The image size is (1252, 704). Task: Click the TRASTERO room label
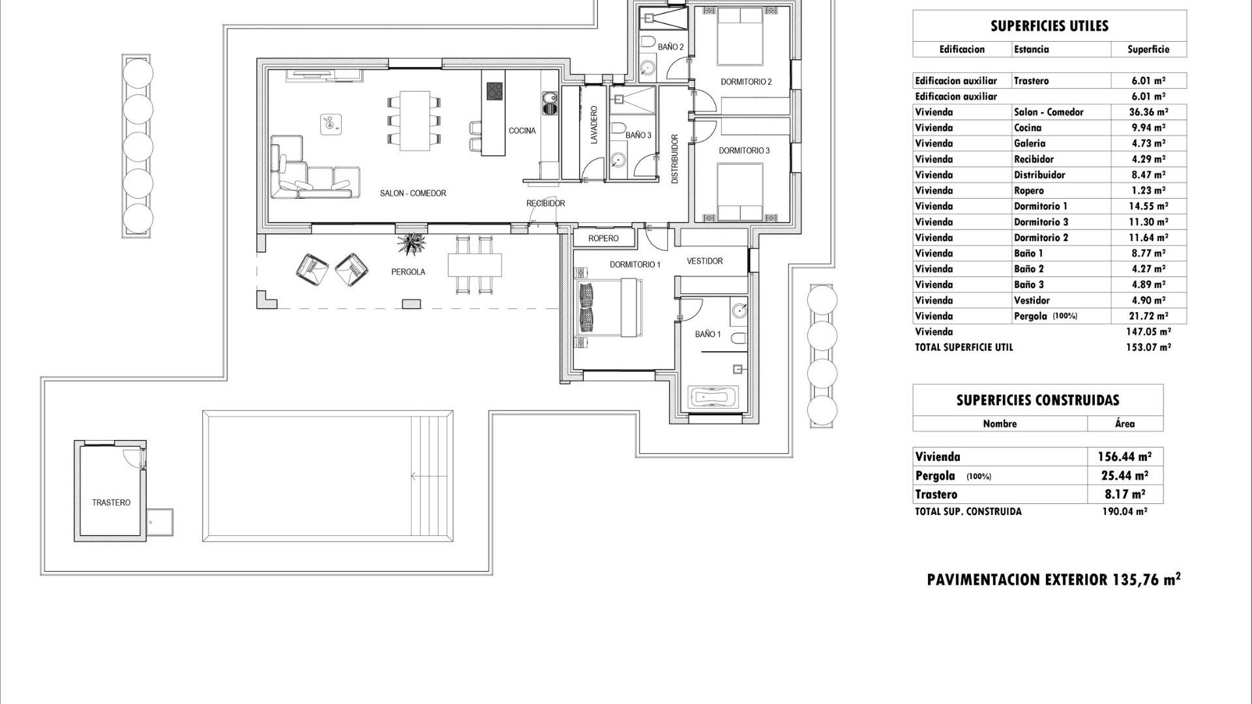pyautogui.click(x=111, y=503)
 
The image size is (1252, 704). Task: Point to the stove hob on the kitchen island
pyautogui.click(x=495, y=91)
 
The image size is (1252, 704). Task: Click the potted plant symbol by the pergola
pyautogui.click(x=411, y=244)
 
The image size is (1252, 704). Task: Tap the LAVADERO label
pyautogui.click(x=594, y=125)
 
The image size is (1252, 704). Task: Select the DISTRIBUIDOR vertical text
pyautogui.click(x=675, y=158)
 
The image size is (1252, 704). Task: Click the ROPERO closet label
pyautogui.click(x=603, y=239)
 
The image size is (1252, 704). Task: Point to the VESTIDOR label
pyautogui.click(x=704, y=261)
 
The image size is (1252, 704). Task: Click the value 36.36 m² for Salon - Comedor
pyautogui.click(x=1148, y=112)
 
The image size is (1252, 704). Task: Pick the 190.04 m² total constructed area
pyautogui.click(x=1124, y=512)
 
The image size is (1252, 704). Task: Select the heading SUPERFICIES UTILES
pyautogui.click(x=1049, y=26)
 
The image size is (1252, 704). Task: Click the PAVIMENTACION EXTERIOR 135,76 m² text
pyautogui.click(x=1054, y=579)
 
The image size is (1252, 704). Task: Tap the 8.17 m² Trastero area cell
pyautogui.click(x=1125, y=494)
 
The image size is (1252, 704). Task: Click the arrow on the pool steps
pyautogui.click(x=415, y=476)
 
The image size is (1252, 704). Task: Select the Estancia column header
pyautogui.click(x=1032, y=50)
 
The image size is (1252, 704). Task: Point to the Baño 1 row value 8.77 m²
pyautogui.click(x=1148, y=253)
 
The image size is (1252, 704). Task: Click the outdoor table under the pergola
pyautogui.click(x=475, y=265)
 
